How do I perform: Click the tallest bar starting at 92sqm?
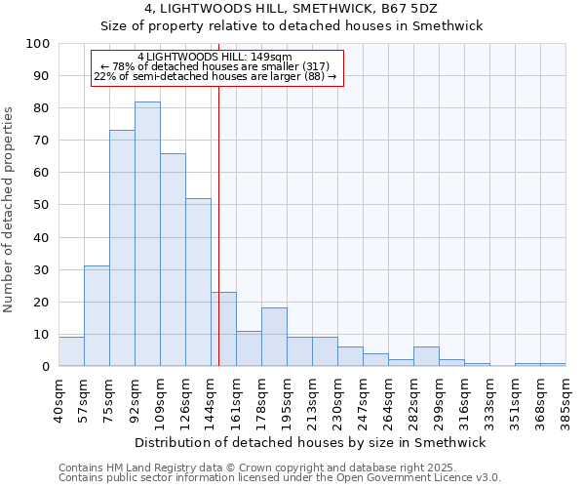click(147, 234)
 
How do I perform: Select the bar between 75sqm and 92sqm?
click(122, 249)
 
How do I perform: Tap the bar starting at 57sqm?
click(97, 316)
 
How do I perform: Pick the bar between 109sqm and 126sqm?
click(173, 260)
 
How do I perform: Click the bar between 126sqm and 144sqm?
click(198, 282)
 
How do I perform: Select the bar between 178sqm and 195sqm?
click(274, 338)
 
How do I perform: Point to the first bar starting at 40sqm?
click(71, 352)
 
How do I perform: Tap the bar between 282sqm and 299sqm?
click(426, 357)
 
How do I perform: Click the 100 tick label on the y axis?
click(38, 44)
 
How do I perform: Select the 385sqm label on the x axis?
click(566, 396)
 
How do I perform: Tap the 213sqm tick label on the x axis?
click(313, 396)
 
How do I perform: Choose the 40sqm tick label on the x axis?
click(59, 396)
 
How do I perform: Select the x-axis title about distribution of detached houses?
click(310, 442)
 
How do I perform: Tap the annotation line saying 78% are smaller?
click(215, 67)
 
